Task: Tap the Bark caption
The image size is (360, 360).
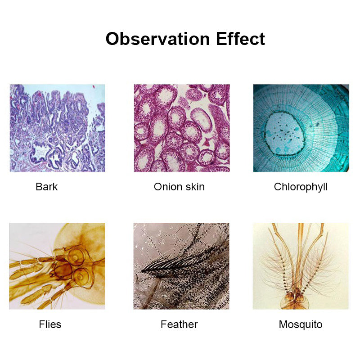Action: coord(47,187)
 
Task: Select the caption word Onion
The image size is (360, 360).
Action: coord(168,187)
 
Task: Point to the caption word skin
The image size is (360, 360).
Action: coord(194,187)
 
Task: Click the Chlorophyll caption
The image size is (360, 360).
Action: coord(301,187)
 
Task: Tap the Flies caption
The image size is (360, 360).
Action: coord(50,324)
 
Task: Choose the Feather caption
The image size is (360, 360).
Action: coord(179,324)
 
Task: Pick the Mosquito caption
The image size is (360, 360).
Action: coord(301,324)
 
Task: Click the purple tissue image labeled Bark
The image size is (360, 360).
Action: coord(57,128)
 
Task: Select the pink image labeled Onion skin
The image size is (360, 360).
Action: coord(182,128)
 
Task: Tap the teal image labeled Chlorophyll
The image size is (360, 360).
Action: coord(301,128)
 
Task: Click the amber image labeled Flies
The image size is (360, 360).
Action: coord(57,266)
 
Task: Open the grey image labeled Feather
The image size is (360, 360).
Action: coord(181,266)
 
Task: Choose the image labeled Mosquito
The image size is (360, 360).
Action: coord(301,266)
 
